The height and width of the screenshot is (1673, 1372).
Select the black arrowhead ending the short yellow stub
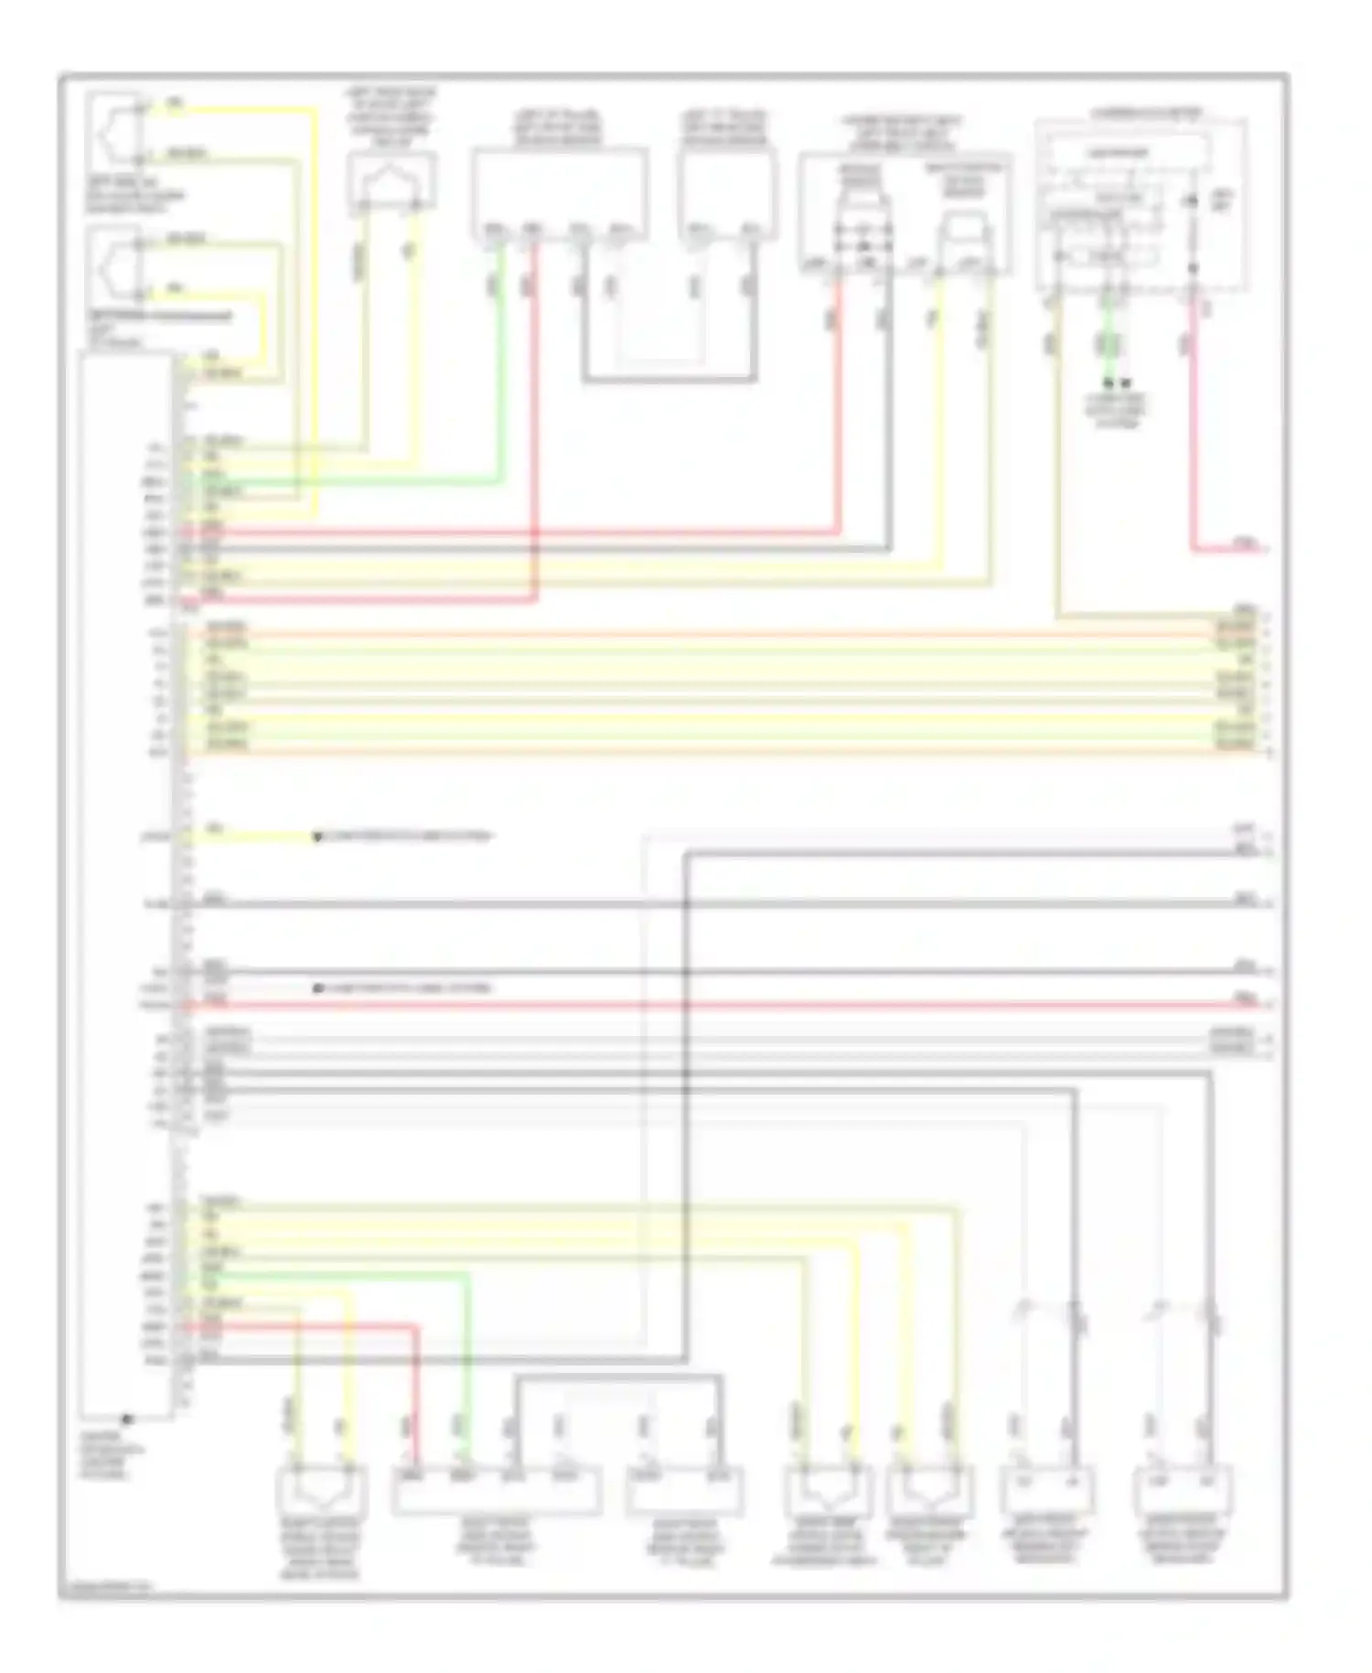[x=317, y=836]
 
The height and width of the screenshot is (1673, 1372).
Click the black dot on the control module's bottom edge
[x=128, y=1419]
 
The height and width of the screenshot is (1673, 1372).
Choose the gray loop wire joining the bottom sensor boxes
[x=618, y=1376]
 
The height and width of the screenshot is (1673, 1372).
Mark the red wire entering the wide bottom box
[x=416, y=1382]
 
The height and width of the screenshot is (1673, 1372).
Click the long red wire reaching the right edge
[x=732, y=1005]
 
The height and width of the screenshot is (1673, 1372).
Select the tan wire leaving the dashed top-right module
[x=1058, y=458]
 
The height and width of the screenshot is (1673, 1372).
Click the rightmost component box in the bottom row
[x=1181, y=1490]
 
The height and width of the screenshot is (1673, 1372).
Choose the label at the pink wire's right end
[x=1246, y=544]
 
